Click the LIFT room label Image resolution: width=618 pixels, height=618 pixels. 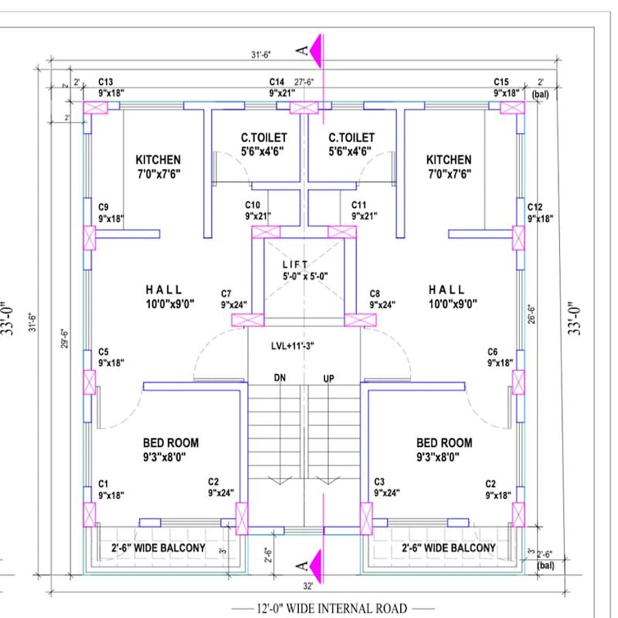(x=295, y=264)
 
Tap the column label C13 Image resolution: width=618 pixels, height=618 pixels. (x=106, y=83)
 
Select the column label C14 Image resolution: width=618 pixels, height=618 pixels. (x=277, y=83)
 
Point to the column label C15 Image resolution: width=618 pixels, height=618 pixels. (x=501, y=83)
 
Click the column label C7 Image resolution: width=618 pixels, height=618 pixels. (x=227, y=293)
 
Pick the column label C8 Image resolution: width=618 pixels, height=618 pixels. (x=375, y=293)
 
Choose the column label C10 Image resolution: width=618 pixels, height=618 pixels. (x=253, y=205)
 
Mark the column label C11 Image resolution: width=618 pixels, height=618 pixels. (x=359, y=205)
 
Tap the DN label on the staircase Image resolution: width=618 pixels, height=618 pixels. (x=280, y=378)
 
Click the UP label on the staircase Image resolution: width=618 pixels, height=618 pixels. (x=329, y=378)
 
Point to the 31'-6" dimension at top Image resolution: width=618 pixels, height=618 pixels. (x=261, y=55)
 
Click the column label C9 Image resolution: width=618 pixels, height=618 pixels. (x=103, y=207)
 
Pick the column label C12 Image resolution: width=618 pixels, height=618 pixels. (x=535, y=207)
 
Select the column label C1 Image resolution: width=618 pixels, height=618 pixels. (x=103, y=485)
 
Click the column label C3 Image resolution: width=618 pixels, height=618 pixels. (x=380, y=482)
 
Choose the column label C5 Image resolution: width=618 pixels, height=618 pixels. (x=103, y=351)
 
